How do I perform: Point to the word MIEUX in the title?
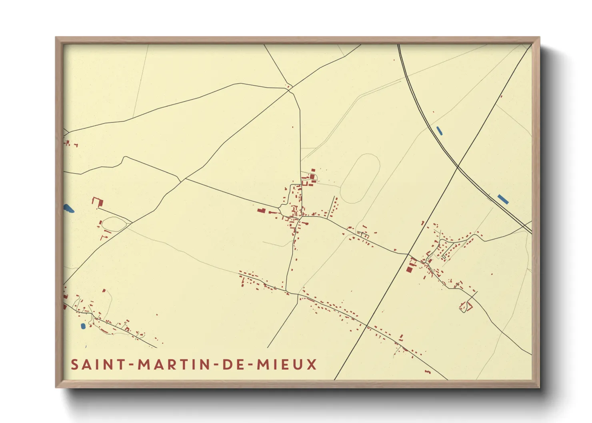[x=287, y=365]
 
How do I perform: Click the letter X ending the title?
[x=312, y=365]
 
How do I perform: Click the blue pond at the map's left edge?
[x=68, y=208]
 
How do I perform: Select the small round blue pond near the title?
[x=83, y=326]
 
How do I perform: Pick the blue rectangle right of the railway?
[x=503, y=199]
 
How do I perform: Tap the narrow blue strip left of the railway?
[x=439, y=131]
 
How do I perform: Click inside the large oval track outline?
[x=360, y=179]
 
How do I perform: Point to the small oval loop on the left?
[x=114, y=223]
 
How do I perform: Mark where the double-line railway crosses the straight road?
[x=458, y=168]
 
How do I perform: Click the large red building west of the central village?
[x=261, y=210]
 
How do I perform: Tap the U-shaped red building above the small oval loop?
[x=98, y=202]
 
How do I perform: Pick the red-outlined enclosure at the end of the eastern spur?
[x=466, y=307]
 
